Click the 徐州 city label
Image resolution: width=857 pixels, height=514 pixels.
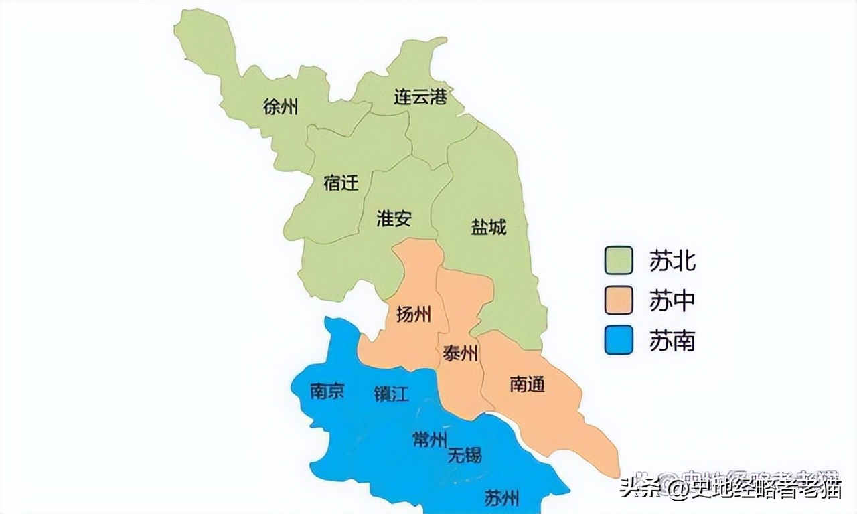click(281, 106)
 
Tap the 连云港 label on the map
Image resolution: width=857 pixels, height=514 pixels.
click(420, 98)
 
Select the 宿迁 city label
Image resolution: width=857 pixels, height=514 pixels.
click(341, 183)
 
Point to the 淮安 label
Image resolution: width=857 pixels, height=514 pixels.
click(394, 219)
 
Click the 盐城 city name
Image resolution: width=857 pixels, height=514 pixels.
click(489, 228)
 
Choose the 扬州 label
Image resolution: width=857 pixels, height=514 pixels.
click(414, 314)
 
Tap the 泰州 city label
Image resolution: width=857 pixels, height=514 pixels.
click(461, 354)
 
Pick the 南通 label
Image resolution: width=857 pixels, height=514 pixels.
click(527, 384)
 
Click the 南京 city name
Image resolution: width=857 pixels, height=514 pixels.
click(327, 391)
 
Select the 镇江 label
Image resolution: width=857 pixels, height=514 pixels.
click(391, 394)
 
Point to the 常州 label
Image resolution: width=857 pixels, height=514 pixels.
click(429, 440)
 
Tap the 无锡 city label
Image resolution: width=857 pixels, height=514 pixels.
click(465, 456)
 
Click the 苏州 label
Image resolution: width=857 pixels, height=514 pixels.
click(501, 498)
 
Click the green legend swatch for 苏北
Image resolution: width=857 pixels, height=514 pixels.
click(619, 260)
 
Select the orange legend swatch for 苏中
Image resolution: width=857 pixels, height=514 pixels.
click(619, 301)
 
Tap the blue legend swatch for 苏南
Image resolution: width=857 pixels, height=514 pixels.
click(619, 341)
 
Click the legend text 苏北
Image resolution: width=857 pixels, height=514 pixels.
click(672, 260)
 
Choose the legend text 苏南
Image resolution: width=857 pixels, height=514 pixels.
click(672, 341)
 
